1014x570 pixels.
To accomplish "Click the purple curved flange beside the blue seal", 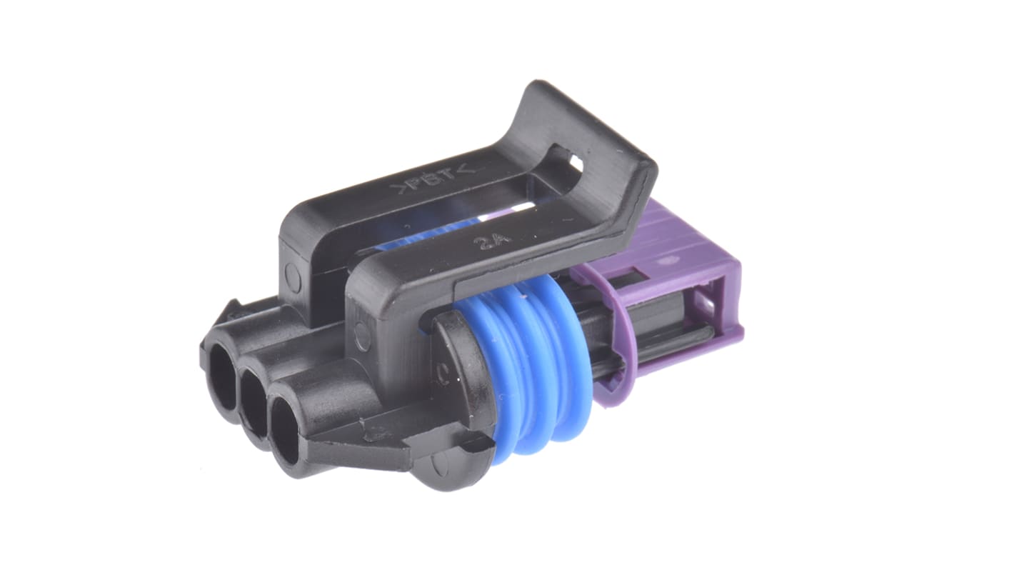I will pos(607,357).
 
